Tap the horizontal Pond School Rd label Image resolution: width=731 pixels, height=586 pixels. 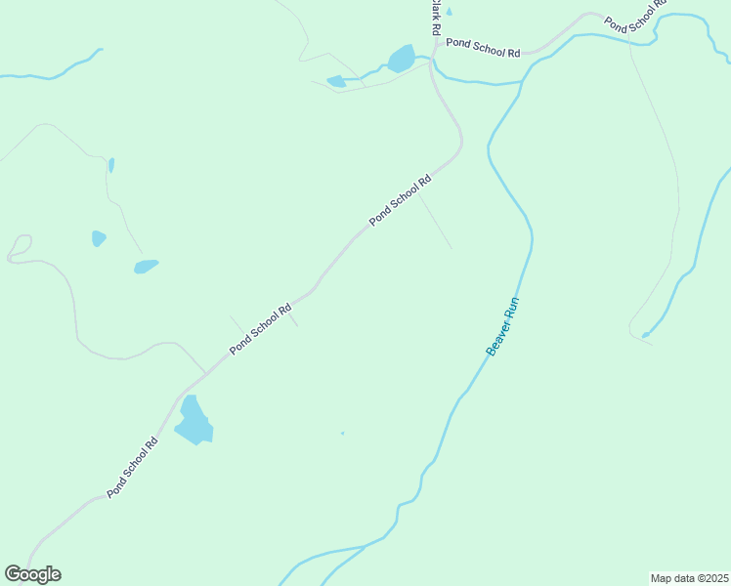[x=482, y=45]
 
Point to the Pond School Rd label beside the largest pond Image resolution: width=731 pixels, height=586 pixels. [x=133, y=467]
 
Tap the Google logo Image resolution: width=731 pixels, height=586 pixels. [x=32, y=574]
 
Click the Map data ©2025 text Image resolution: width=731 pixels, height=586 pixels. [x=689, y=578]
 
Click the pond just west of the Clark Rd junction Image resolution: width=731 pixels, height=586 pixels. [x=401, y=60]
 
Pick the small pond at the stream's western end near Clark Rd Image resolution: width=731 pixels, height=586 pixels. [x=336, y=81]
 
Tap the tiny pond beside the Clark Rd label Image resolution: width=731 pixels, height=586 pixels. [x=449, y=12]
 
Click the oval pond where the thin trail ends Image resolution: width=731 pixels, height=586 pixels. [x=146, y=266]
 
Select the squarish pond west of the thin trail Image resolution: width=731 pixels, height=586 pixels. [x=99, y=238]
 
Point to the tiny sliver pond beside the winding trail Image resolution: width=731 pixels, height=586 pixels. [x=111, y=165]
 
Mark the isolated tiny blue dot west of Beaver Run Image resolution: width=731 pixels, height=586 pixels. [x=342, y=433]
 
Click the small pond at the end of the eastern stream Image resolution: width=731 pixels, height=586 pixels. [x=645, y=335]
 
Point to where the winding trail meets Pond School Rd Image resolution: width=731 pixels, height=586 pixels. [x=206, y=373]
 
